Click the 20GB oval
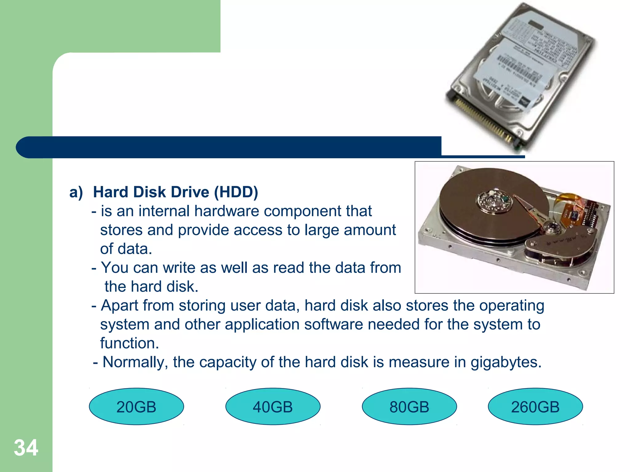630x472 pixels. tap(136, 407)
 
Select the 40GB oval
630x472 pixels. tap(273, 407)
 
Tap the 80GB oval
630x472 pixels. tap(409, 407)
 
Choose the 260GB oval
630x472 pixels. tap(535, 407)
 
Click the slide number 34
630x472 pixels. tap(26, 448)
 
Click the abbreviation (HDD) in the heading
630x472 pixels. tap(236, 192)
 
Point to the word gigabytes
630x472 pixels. tap(506, 362)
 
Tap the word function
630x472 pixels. tap(129, 343)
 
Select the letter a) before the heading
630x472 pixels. tap(76, 192)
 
